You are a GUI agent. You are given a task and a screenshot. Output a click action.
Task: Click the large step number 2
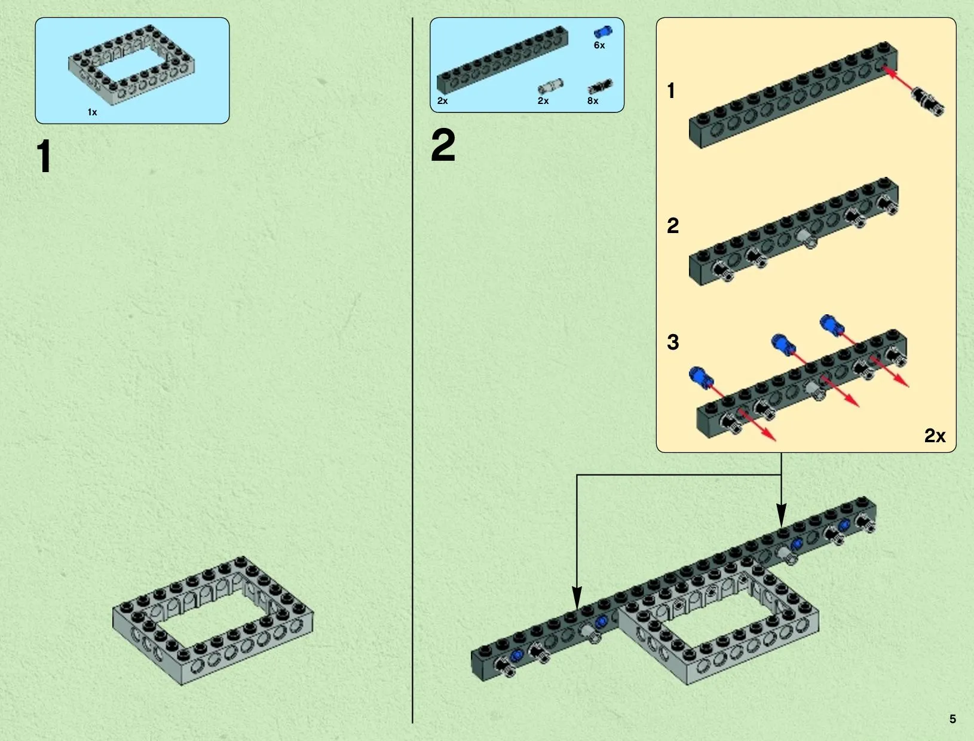tap(443, 145)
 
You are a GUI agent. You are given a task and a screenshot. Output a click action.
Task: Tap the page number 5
tap(952, 719)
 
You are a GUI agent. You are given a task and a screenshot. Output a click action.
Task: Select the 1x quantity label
tap(92, 112)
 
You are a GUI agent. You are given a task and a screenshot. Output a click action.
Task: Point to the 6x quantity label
tap(599, 45)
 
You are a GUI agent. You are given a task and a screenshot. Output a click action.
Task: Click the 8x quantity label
tap(593, 101)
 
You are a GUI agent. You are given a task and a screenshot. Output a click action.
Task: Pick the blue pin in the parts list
tap(603, 32)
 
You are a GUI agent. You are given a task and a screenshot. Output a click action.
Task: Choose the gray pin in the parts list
tap(550, 87)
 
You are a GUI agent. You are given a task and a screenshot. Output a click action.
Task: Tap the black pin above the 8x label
tap(601, 87)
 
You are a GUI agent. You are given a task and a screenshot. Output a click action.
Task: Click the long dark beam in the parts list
tap(503, 59)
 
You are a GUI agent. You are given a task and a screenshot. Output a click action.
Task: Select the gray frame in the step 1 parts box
tap(131, 65)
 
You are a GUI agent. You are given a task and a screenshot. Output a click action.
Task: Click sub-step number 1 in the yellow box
tap(671, 91)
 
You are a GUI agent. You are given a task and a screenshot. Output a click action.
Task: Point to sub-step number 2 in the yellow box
tap(673, 226)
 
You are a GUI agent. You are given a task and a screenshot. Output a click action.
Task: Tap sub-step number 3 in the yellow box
tap(673, 342)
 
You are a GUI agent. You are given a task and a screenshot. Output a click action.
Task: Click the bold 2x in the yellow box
tap(935, 436)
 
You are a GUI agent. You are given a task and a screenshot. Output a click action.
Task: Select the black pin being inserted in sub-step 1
tap(927, 102)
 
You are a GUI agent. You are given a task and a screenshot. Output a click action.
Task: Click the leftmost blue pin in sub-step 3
tap(701, 377)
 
